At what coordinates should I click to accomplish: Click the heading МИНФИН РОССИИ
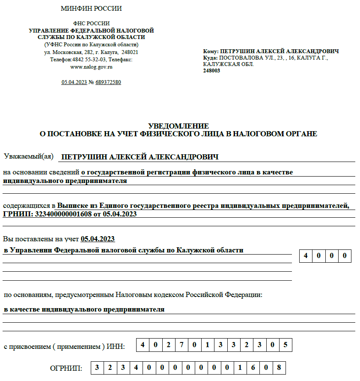pyautogui.click(x=91, y=9)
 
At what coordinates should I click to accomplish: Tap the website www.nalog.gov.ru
pyautogui.click(x=91, y=67)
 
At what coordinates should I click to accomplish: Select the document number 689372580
pyautogui.click(x=108, y=82)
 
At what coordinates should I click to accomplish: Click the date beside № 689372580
pyautogui.click(x=74, y=82)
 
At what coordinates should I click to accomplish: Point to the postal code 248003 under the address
pyautogui.click(x=211, y=71)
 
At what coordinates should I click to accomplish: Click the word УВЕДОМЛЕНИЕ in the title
pyautogui.click(x=179, y=126)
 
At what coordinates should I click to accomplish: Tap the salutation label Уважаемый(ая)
pyautogui.click(x=28, y=156)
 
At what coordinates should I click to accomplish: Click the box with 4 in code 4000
pyautogui.click(x=306, y=256)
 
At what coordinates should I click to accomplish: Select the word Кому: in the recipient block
pyautogui.click(x=211, y=51)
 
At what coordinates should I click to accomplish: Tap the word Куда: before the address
pyautogui.click(x=211, y=57)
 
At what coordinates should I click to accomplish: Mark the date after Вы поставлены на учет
pyautogui.click(x=98, y=239)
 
